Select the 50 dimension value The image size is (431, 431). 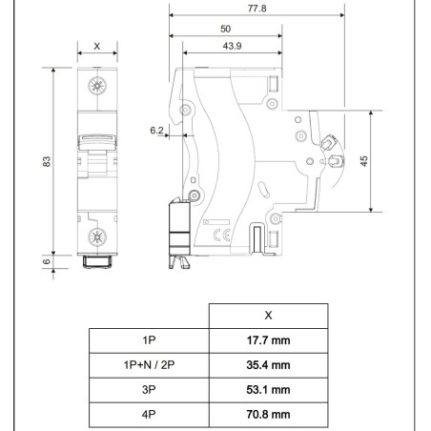coord(224,30)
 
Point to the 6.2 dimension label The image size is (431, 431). coord(157,129)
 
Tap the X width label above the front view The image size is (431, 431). coord(97,46)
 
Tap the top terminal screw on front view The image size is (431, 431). coord(97,88)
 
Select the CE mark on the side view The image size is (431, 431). coord(217,233)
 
